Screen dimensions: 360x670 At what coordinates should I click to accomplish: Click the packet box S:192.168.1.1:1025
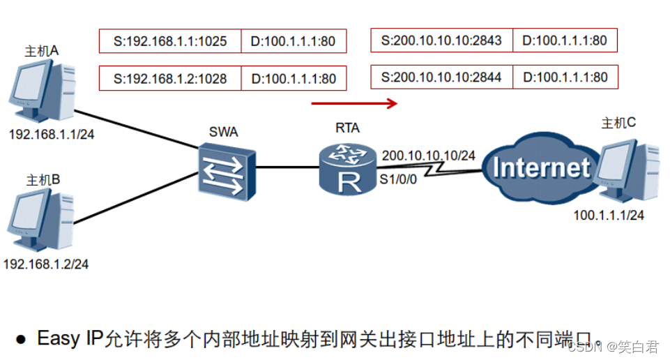tap(170, 41)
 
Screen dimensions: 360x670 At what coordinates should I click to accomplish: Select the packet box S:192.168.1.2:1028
tap(170, 78)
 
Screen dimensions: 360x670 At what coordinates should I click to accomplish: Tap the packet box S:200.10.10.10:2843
tap(442, 40)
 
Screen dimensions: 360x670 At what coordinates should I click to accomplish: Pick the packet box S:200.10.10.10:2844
tap(442, 77)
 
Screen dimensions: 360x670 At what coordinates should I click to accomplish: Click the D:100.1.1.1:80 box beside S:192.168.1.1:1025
tap(294, 41)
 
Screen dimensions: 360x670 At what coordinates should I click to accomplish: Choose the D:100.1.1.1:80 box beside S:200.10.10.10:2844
tap(565, 77)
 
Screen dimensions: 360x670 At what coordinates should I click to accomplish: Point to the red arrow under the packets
tap(354, 104)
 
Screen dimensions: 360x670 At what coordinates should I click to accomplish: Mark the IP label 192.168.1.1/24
tap(51, 134)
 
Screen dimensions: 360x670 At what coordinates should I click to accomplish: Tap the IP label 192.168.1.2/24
tap(46, 264)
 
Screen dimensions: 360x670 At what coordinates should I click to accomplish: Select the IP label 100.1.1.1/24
tap(608, 216)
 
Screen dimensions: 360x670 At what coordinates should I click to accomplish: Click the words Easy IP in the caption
tap(70, 338)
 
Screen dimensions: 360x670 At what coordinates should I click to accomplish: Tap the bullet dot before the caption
tap(21, 340)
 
